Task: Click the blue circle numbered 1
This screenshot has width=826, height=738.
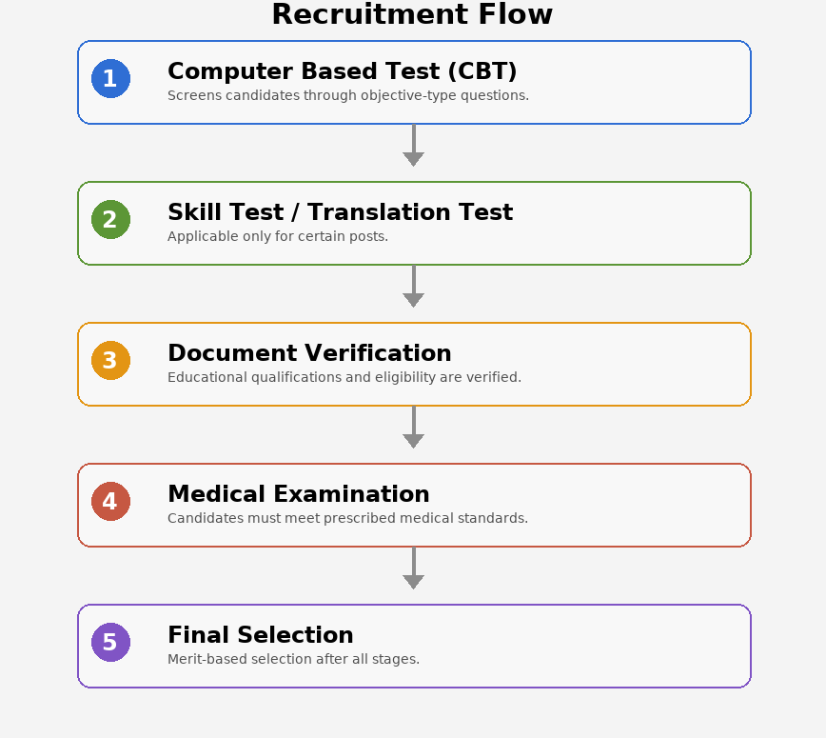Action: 110,78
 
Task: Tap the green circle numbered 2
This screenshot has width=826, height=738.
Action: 110,219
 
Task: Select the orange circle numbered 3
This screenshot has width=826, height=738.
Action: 110,361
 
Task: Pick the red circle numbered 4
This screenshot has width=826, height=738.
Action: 110,501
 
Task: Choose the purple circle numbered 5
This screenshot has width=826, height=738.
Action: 110,642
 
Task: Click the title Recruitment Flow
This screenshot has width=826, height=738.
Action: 412,14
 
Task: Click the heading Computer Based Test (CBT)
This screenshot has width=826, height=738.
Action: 342,71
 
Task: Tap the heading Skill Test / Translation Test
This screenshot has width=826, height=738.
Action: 341,212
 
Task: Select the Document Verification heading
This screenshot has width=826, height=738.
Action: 309,353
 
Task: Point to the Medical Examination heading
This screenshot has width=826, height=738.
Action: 299,494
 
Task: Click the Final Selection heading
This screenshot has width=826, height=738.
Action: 260,634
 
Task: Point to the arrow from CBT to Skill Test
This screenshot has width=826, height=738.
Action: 414,146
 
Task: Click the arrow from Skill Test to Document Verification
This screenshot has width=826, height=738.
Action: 414,287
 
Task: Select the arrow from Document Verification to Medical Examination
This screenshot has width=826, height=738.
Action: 414,427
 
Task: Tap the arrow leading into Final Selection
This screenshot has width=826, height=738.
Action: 414,568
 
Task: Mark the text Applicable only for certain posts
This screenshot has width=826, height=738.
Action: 278,236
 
